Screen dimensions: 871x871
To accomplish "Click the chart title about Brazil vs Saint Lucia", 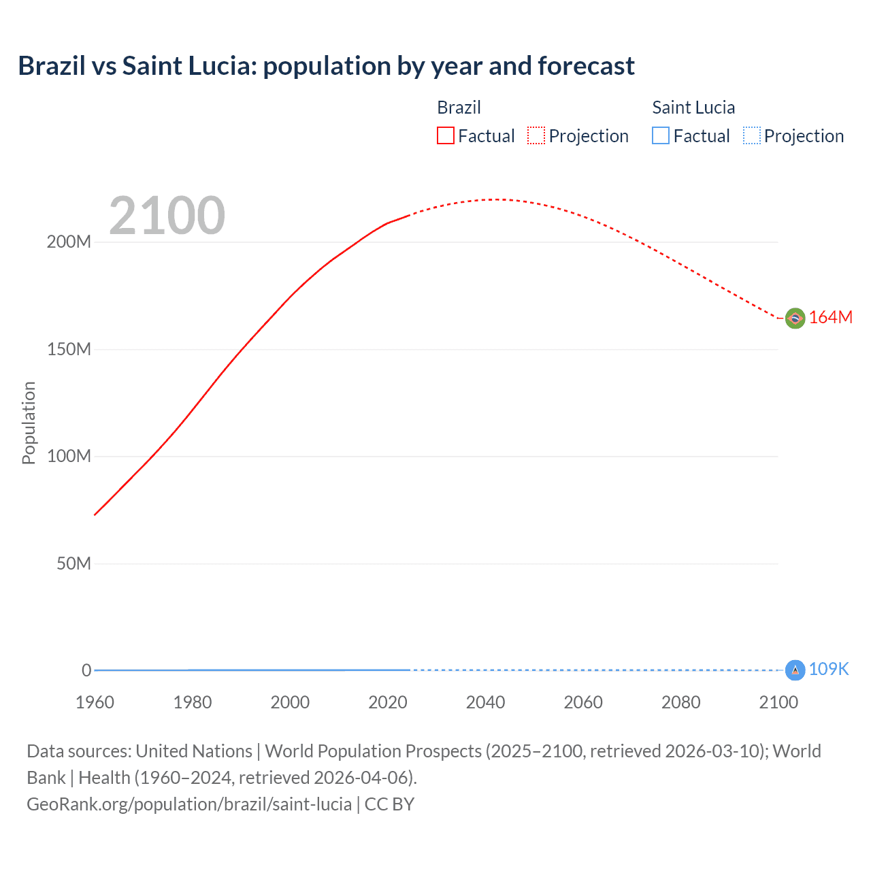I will coord(326,66).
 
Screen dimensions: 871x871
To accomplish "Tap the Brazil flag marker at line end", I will coord(795,318).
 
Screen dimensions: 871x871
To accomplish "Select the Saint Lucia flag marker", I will coord(795,670).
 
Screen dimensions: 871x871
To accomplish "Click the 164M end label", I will coord(830,318).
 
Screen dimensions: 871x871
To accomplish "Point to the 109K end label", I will coord(829,670).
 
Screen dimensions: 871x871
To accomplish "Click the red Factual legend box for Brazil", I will coord(445,136).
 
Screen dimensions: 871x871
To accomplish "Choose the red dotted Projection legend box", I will coord(536,136).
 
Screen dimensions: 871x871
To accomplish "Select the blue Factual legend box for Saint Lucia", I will coord(660,136).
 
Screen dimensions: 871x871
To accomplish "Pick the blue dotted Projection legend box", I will coord(751,136).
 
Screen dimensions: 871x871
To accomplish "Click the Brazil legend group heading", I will coord(459,108).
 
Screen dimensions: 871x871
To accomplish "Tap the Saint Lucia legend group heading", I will coord(693,108).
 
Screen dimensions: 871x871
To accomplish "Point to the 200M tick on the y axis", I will coord(69,242).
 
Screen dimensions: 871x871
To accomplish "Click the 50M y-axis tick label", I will coord(73,563).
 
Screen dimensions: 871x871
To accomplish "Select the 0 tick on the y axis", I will coord(86,670).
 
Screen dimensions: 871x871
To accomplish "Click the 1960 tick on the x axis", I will coord(95,702).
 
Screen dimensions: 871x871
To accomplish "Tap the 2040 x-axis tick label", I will coord(485,702).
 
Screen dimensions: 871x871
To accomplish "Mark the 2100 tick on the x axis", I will coord(778,702).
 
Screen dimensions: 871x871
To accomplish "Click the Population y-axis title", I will coord(29,423).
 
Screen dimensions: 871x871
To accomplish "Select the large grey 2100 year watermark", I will coord(167,216).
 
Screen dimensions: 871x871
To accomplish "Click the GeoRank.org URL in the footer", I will coord(189,804).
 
